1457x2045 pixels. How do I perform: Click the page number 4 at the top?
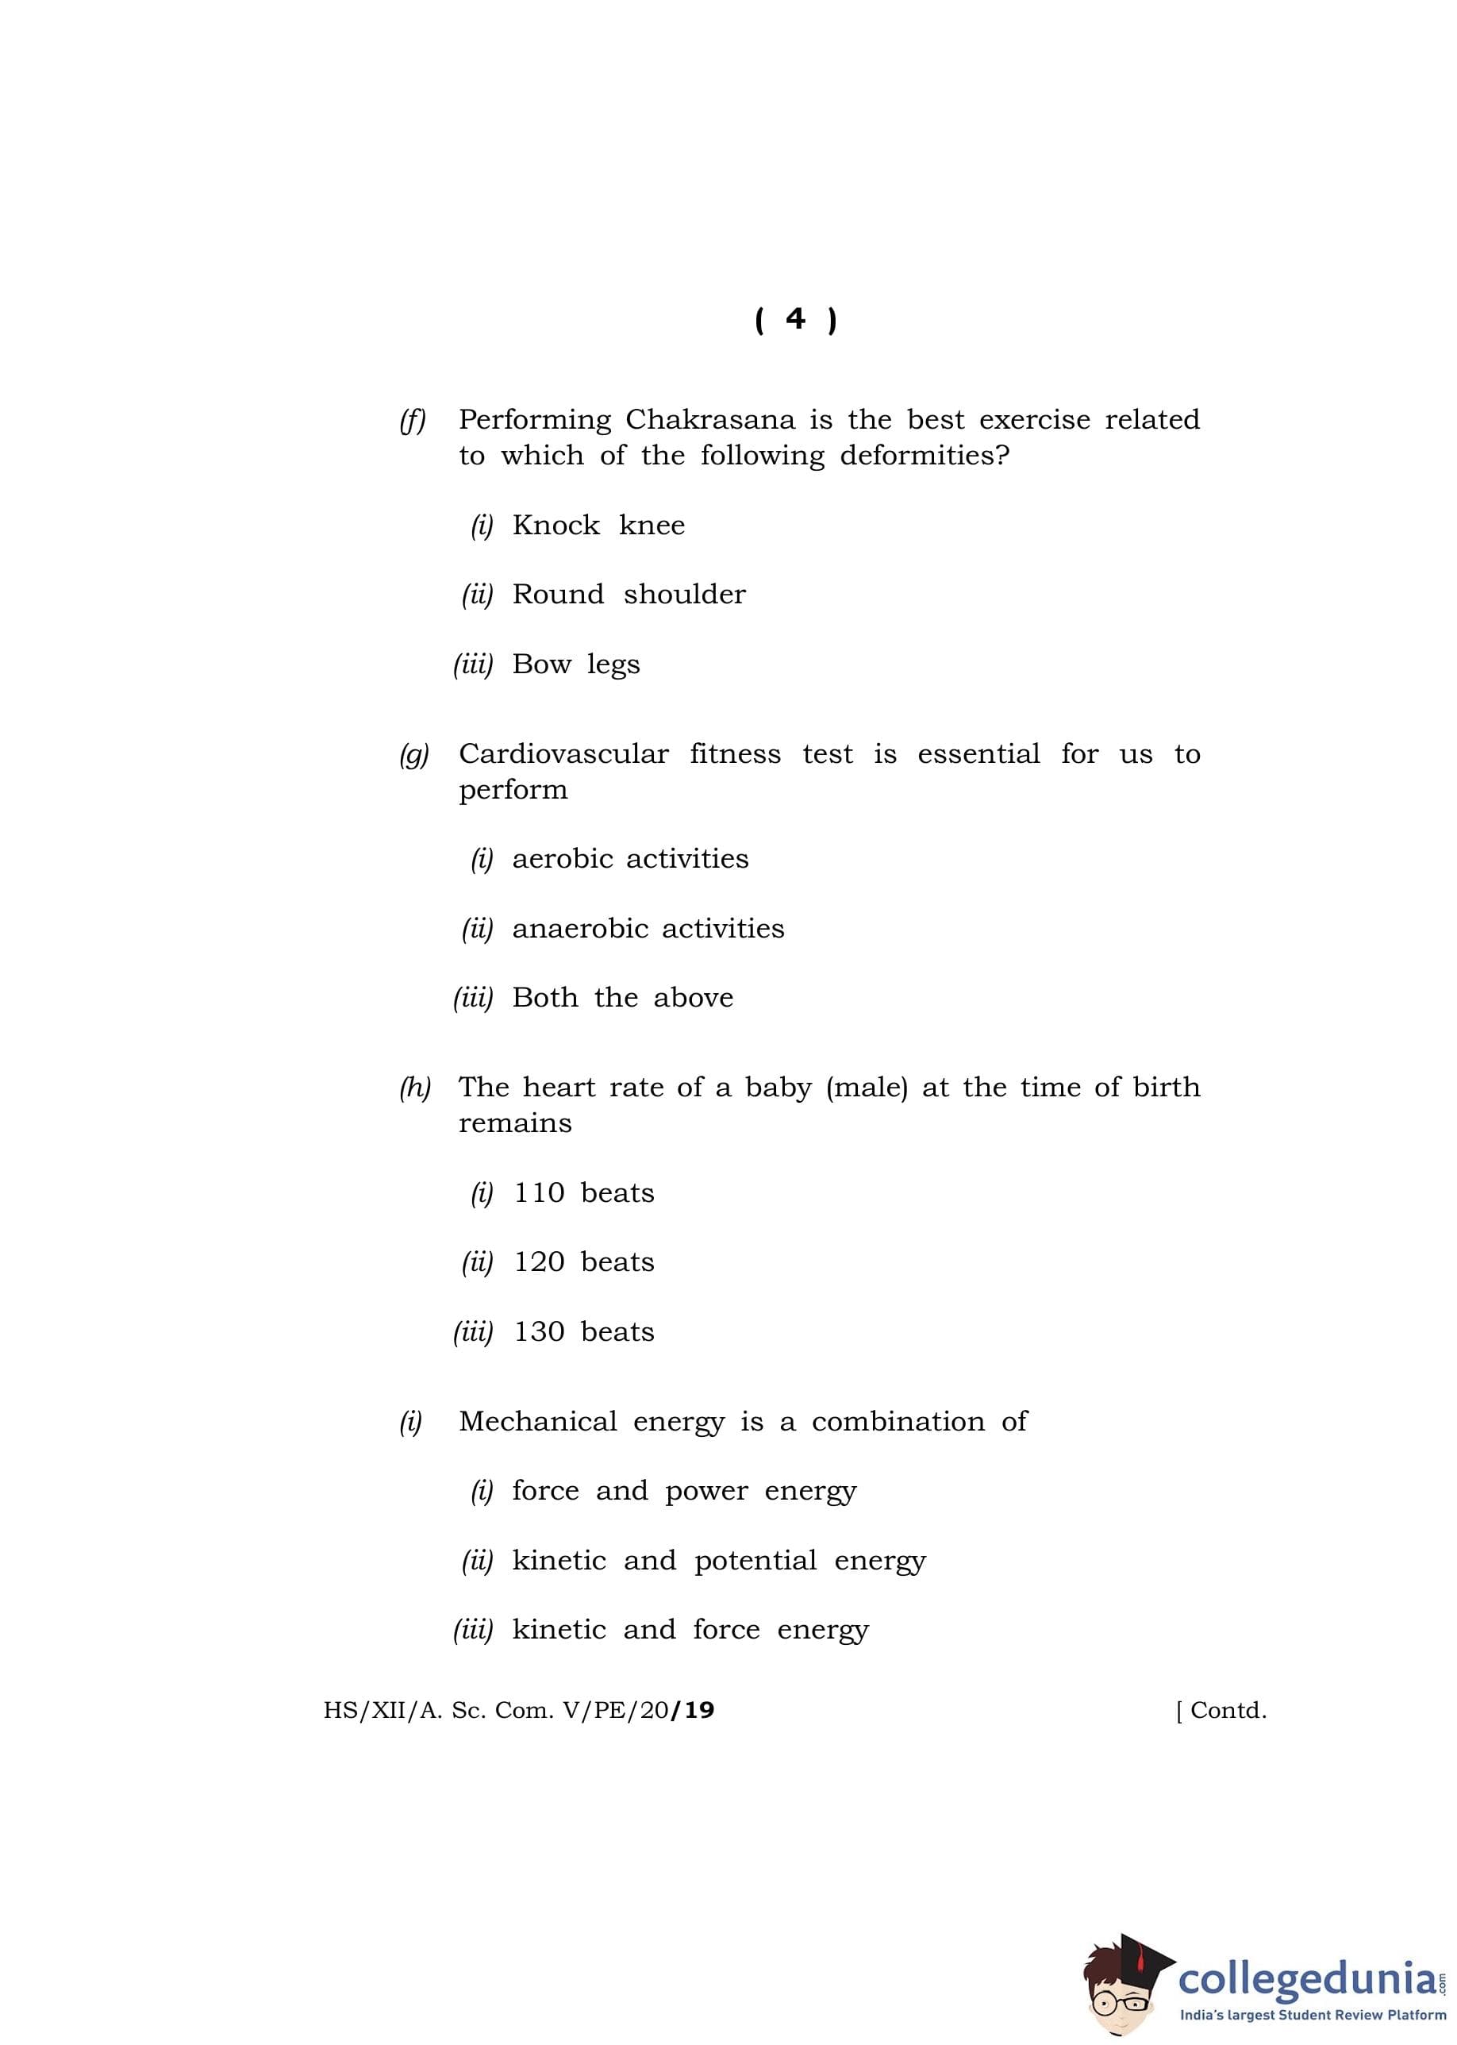click(795, 319)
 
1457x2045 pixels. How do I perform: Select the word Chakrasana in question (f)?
click(709, 420)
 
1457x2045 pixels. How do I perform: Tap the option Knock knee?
click(598, 525)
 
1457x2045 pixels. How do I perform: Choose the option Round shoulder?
click(628, 594)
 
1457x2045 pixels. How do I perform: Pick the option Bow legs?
click(575, 665)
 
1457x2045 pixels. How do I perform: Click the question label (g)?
click(413, 755)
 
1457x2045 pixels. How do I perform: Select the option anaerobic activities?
click(648, 929)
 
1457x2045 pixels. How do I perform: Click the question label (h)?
click(414, 1088)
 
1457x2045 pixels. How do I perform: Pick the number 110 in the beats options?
click(538, 1193)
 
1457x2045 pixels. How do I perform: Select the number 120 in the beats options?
click(538, 1262)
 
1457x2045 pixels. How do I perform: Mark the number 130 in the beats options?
click(538, 1333)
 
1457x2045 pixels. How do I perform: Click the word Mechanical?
click(537, 1421)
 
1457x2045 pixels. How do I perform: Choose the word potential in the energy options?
click(755, 1562)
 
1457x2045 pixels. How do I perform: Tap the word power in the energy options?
click(706, 1492)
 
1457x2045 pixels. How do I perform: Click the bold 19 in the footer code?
click(698, 1710)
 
